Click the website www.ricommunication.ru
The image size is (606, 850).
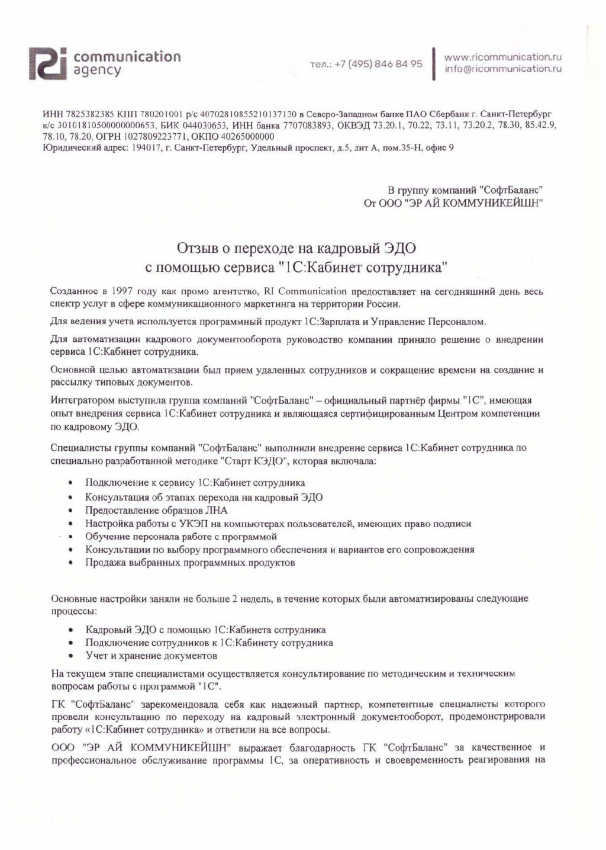[502, 57]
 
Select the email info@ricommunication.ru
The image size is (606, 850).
[502, 69]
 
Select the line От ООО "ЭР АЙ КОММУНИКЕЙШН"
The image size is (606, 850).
[453, 203]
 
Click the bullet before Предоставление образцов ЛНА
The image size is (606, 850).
[71, 511]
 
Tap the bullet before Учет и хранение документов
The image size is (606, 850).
[71, 656]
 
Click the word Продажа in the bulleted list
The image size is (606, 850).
[104, 563]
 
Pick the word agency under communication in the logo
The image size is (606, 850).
[97, 71]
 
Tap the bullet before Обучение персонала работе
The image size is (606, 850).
[71, 537]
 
